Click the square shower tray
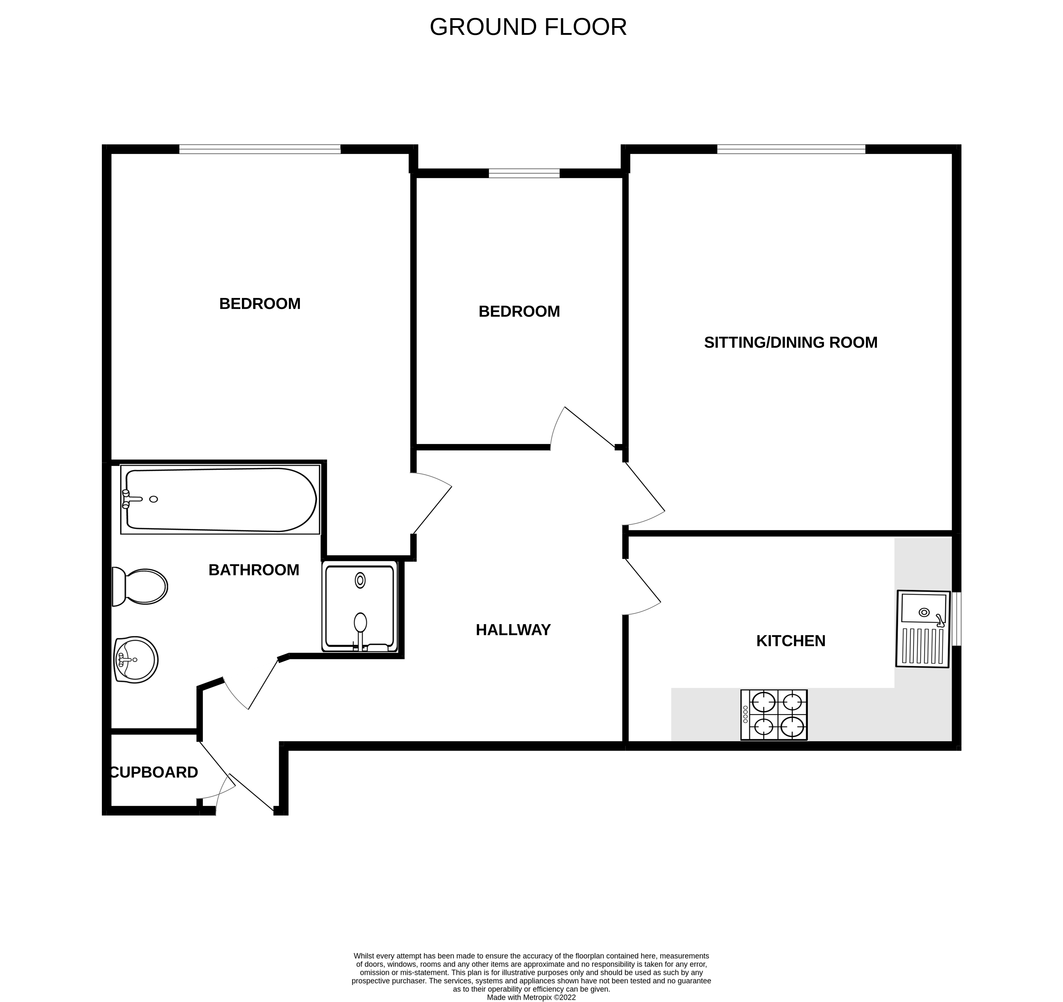pyautogui.click(x=360, y=606)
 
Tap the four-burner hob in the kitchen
pyautogui.click(x=774, y=715)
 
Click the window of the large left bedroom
pyautogui.click(x=260, y=149)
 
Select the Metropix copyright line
pyautogui.click(x=531, y=997)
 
